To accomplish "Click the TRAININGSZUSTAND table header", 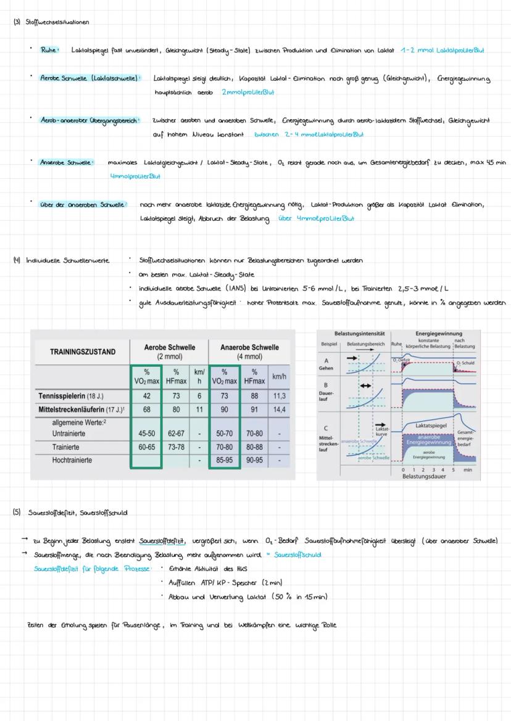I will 82,352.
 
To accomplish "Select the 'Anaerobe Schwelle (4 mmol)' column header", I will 249,352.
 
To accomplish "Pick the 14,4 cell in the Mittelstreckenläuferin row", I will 279,409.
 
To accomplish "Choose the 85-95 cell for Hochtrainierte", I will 225,460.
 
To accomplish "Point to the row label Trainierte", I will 69,447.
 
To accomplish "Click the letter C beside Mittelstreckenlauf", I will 326,428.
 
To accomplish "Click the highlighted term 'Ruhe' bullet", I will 49,50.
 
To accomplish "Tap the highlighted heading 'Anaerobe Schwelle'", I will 66,162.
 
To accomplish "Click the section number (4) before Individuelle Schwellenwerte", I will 17,260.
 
